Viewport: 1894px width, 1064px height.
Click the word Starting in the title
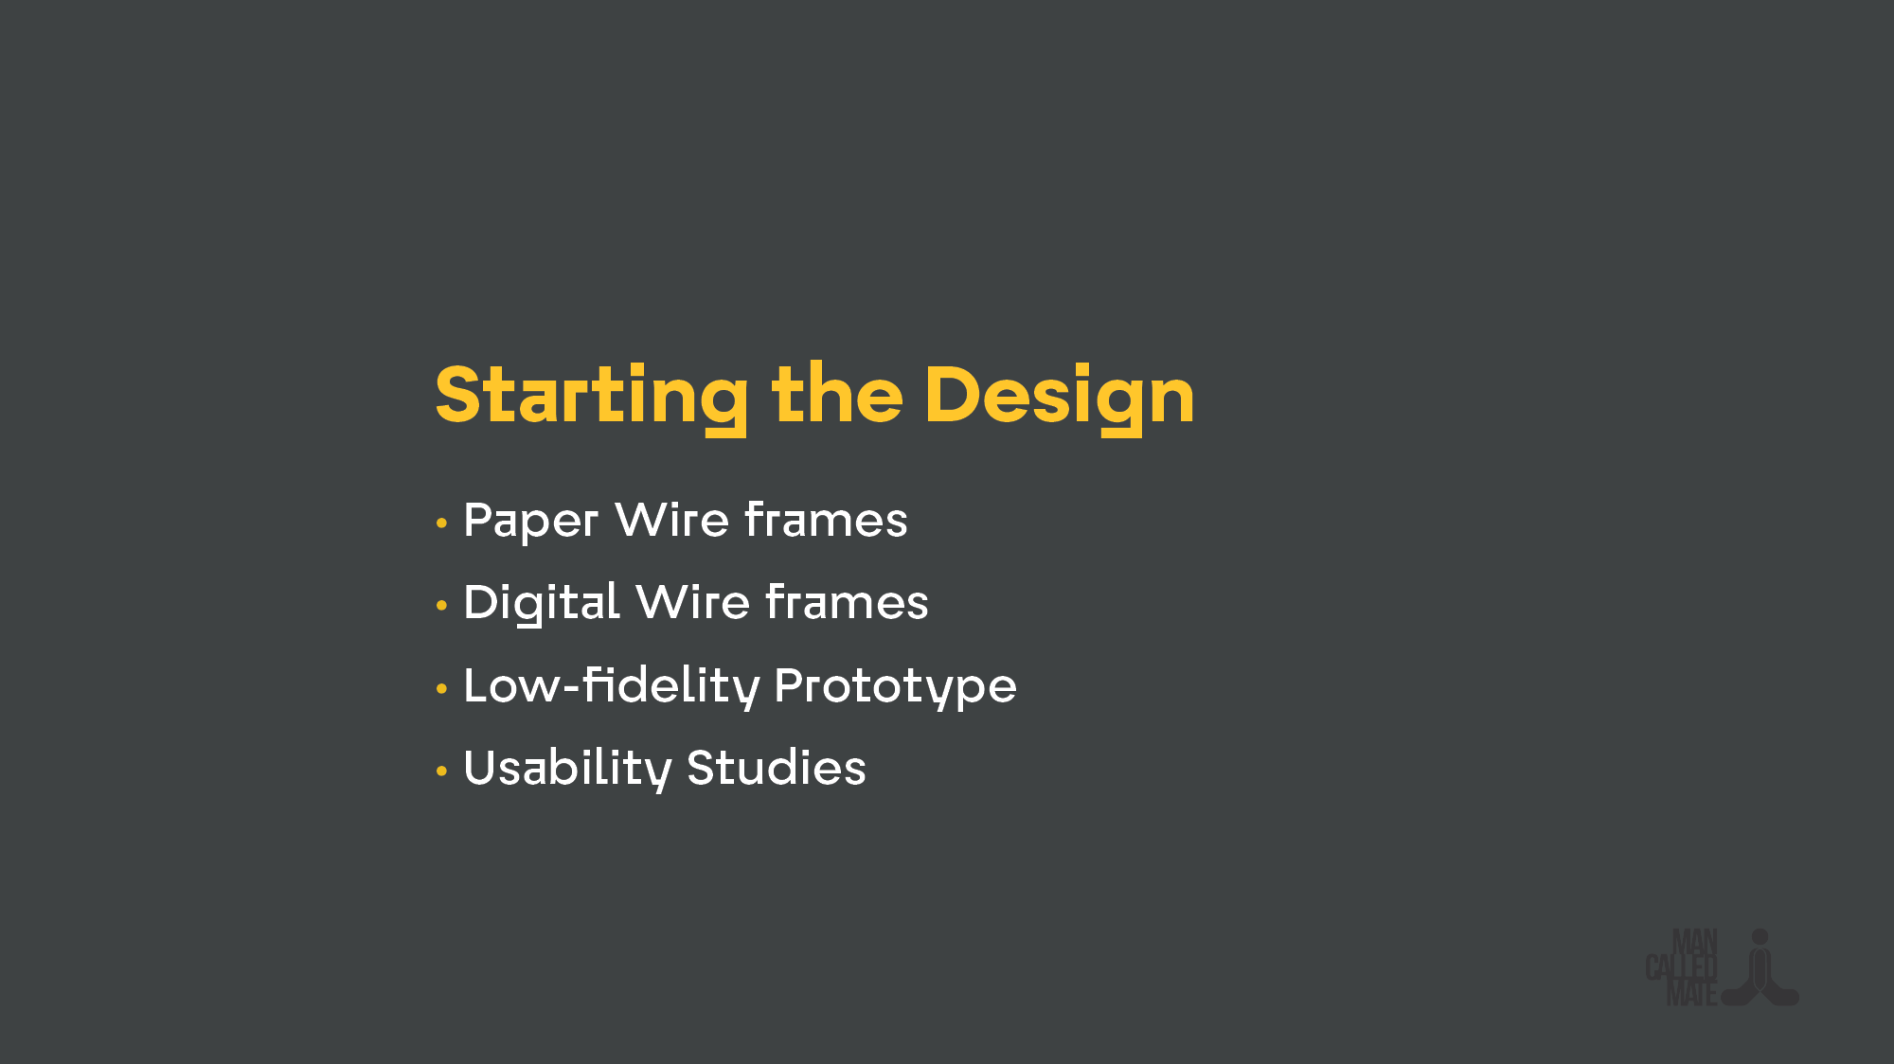(591, 396)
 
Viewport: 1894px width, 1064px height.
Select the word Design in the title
(1059, 396)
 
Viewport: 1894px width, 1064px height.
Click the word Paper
(530, 521)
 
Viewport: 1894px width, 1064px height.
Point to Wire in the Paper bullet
(671, 520)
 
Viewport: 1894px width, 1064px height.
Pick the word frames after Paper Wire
(826, 520)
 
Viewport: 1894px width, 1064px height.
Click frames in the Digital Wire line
(847, 602)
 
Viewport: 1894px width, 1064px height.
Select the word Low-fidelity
(611, 685)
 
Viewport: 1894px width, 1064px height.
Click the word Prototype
(895, 685)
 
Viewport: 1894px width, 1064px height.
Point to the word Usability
(566, 768)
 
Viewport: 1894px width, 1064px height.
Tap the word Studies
(776, 768)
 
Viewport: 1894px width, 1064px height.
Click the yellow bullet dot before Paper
(441, 523)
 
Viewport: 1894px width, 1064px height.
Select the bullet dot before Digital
(441, 605)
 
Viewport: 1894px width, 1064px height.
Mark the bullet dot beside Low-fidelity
(441, 688)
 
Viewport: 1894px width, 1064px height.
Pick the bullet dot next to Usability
(441, 771)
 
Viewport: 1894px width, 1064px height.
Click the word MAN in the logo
(1694, 942)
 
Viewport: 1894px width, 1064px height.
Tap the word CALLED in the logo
(1681, 967)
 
